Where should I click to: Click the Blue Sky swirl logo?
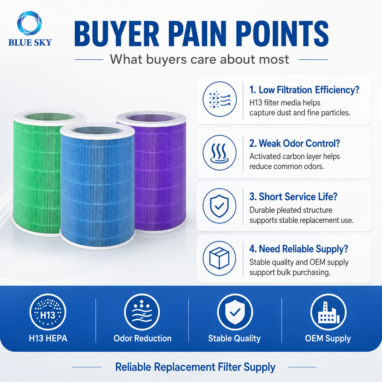pyautogui.click(x=30, y=23)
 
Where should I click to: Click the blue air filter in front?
pyautogui.click(x=97, y=186)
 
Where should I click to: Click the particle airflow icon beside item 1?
pyautogui.click(x=219, y=99)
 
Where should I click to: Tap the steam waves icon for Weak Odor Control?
pyautogui.click(x=219, y=153)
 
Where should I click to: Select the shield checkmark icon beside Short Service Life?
pyautogui.click(x=219, y=206)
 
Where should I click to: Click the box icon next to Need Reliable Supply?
pyautogui.click(x=219, y=258)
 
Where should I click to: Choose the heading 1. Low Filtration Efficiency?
pyautogui.click(x=304, y=90)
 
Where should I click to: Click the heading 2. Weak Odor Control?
pyautogui.click(x=295, y=143)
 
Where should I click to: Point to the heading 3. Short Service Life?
pyautogui.click(x=293, y=197)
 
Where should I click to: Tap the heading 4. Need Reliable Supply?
pyautogui.click(x=299, y=249)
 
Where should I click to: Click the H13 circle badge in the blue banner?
pyautogui.click(x=48, y=312)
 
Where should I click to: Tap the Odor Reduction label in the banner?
pyautogui.click(x=142, y=338)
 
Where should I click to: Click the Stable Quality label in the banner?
pyautogui.click(x=235, y=338)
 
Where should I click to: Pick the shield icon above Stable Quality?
pyautogui.click(x=235, y=312)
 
